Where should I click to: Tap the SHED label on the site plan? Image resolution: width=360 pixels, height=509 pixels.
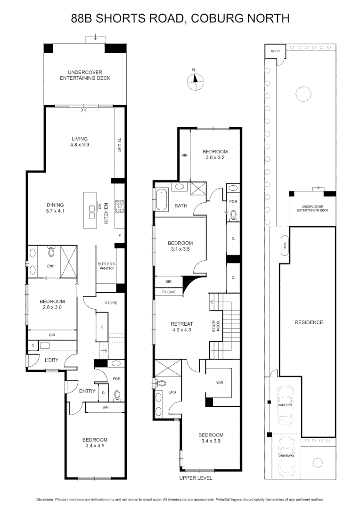click(274, 51)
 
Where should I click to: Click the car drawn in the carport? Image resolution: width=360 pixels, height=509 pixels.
click(286, 404)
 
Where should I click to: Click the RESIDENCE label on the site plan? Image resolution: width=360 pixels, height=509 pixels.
click(309, 322)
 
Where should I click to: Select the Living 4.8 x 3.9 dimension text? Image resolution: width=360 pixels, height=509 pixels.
click(80, 145)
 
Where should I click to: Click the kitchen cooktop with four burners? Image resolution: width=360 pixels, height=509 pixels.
click(119, 205)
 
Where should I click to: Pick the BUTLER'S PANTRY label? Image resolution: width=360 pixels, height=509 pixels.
click(106, 267)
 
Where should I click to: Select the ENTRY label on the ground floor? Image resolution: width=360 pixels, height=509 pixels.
click(87, 391)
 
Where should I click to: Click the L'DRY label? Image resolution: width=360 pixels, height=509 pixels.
click(51, 361)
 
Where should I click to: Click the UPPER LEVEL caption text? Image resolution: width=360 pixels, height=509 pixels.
click(196, 477)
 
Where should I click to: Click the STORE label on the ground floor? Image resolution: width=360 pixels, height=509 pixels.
click(111, 303)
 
